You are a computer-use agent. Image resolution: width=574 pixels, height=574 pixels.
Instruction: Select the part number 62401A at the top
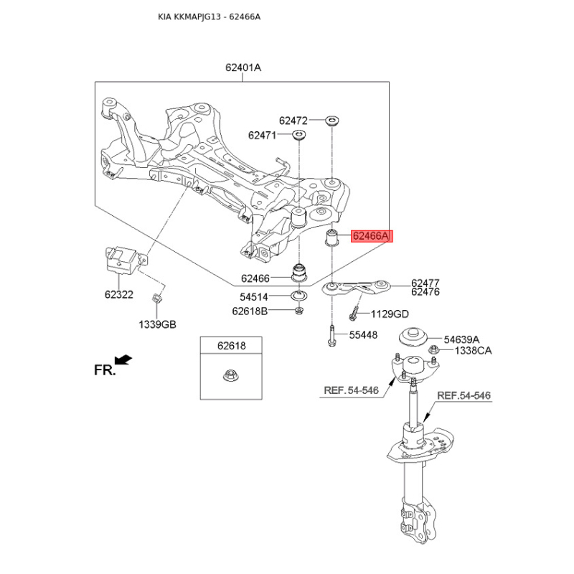243,68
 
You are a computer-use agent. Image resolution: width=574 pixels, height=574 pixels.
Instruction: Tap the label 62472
293,121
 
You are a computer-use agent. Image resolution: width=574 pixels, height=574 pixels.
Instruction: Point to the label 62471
263,135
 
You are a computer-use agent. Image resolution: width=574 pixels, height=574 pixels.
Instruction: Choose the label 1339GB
157,324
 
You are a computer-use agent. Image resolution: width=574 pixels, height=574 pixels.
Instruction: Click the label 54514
255,297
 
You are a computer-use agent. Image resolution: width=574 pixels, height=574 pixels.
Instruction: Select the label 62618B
250,311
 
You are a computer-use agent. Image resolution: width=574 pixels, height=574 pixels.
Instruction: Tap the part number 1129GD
390,314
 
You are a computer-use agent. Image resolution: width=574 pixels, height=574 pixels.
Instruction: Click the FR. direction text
105,370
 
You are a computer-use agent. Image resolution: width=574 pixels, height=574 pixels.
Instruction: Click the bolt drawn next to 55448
332,336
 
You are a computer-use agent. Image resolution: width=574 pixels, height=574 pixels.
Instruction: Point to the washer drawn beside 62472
332,121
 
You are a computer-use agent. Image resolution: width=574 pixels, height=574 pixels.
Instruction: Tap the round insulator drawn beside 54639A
413,336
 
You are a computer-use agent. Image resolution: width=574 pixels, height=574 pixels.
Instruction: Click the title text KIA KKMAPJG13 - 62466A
209,17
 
